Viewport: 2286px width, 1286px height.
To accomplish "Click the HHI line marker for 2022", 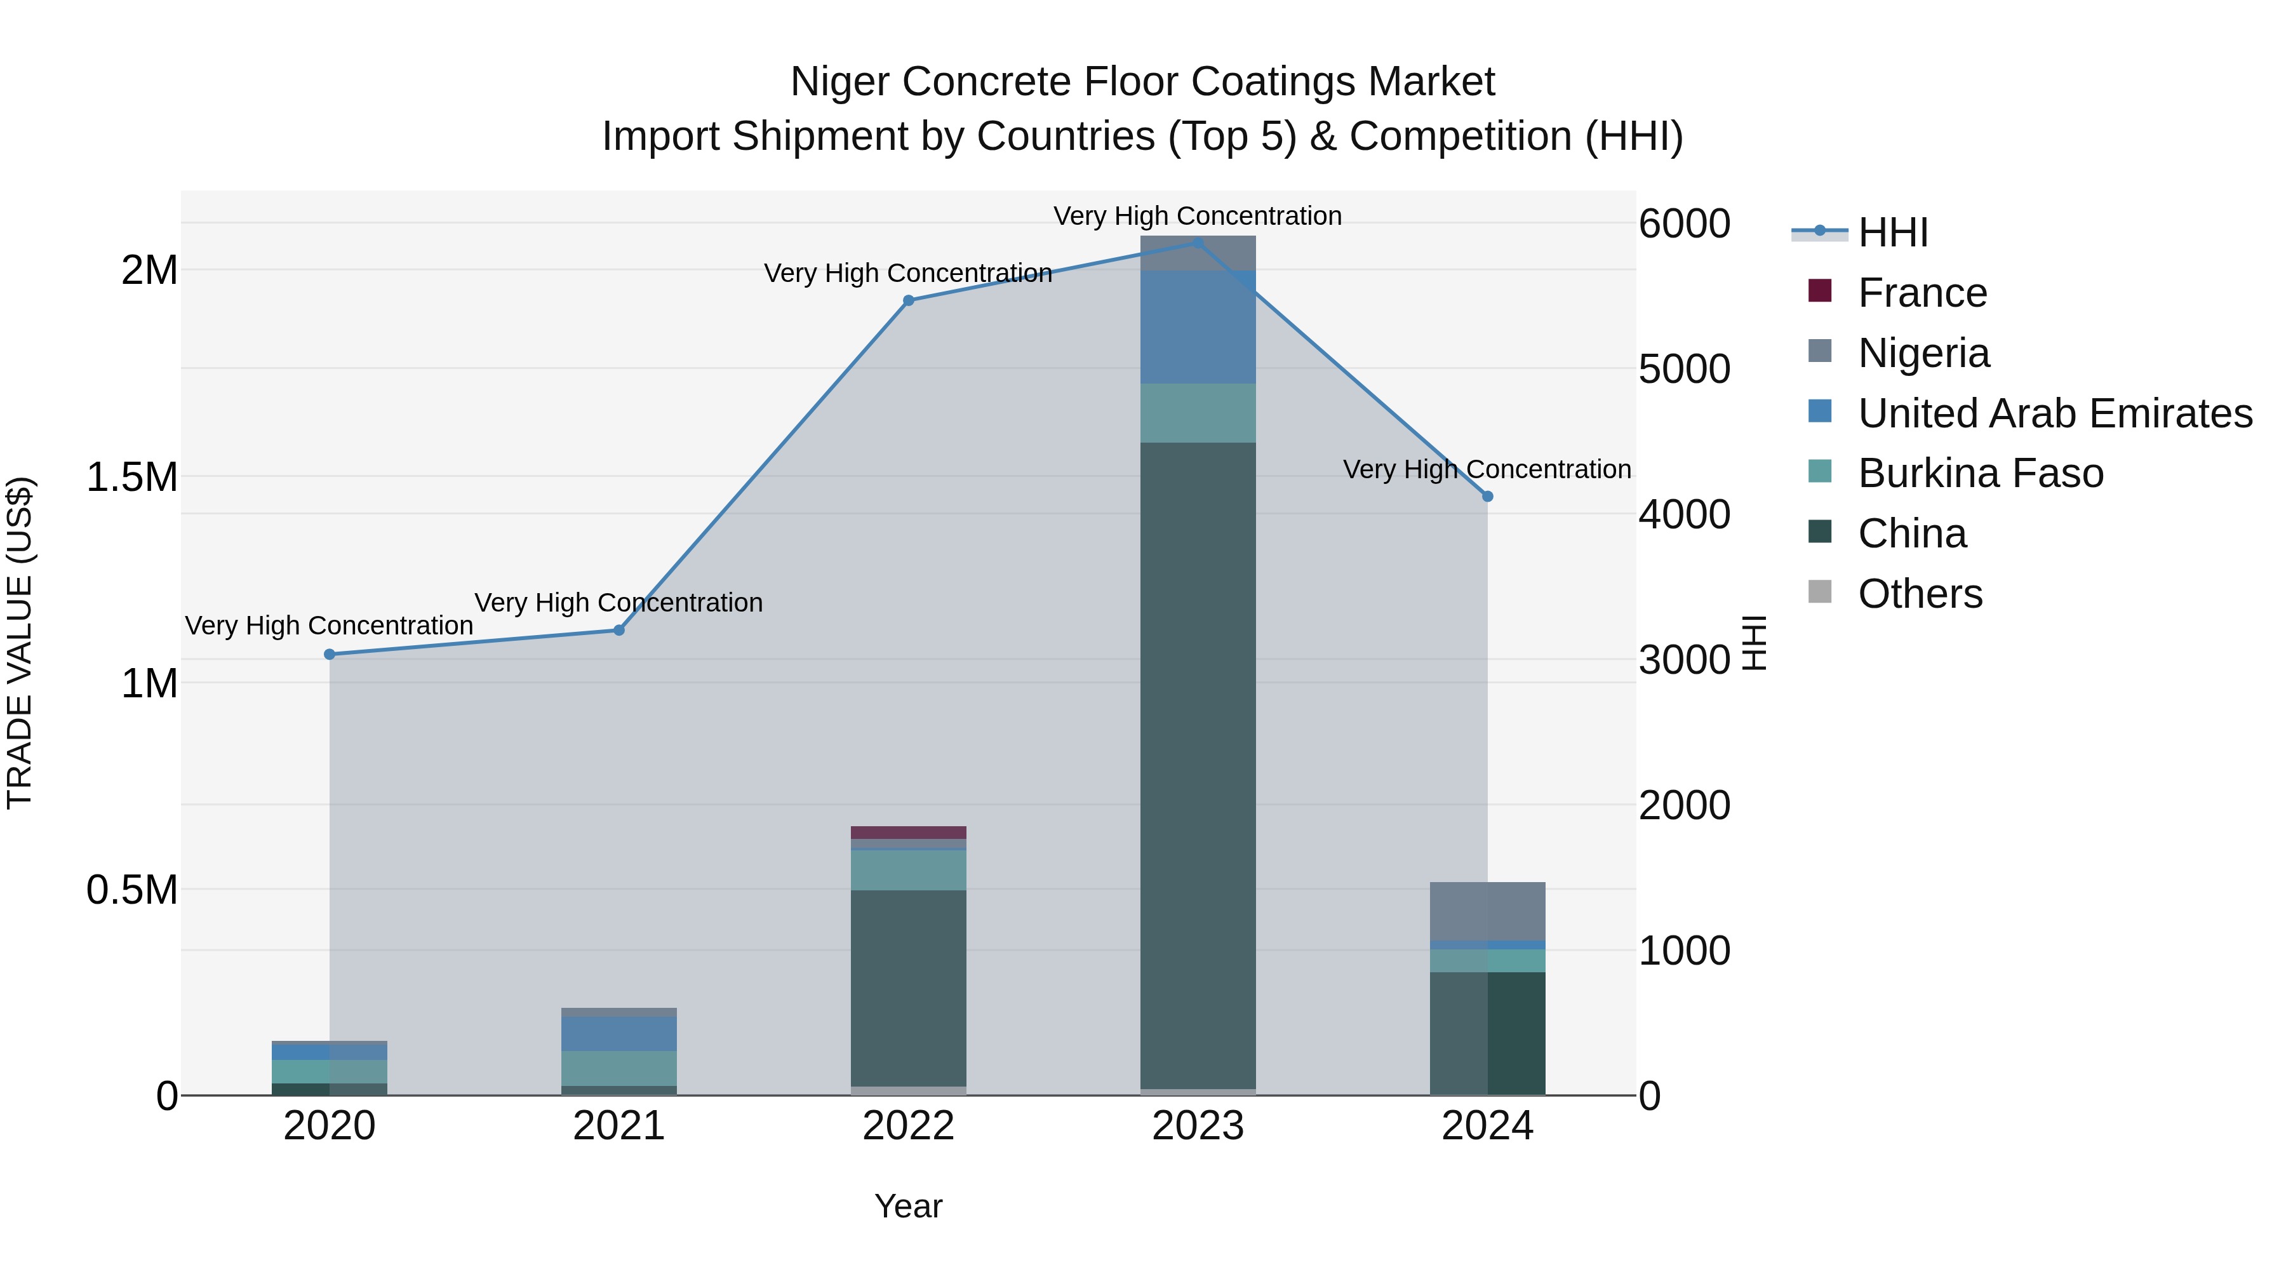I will [908, 301].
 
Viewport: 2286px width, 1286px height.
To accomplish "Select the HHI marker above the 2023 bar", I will [1197, 243].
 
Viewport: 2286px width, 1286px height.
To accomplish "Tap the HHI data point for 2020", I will [329, 654].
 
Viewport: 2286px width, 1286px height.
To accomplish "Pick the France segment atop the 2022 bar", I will [908, 833].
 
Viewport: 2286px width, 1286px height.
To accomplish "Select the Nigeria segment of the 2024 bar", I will [1487, 911].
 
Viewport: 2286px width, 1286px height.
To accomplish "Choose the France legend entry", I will [1922, 293].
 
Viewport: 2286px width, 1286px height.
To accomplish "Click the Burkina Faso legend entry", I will [1980, 473].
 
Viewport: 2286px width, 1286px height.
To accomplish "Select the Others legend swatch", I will [1819, 592].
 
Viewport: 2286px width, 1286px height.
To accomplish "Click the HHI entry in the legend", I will [1892, 232].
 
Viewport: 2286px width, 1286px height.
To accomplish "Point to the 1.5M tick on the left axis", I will [132, 476].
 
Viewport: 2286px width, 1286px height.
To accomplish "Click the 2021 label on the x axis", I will [618, 1126].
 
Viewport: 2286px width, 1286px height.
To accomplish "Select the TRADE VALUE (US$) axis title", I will [20, 643].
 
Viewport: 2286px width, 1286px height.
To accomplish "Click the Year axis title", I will [908, 1206].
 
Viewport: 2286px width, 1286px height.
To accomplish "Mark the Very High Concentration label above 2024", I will [1487, 469].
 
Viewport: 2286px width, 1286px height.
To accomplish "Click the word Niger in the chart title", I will [839, 82].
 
